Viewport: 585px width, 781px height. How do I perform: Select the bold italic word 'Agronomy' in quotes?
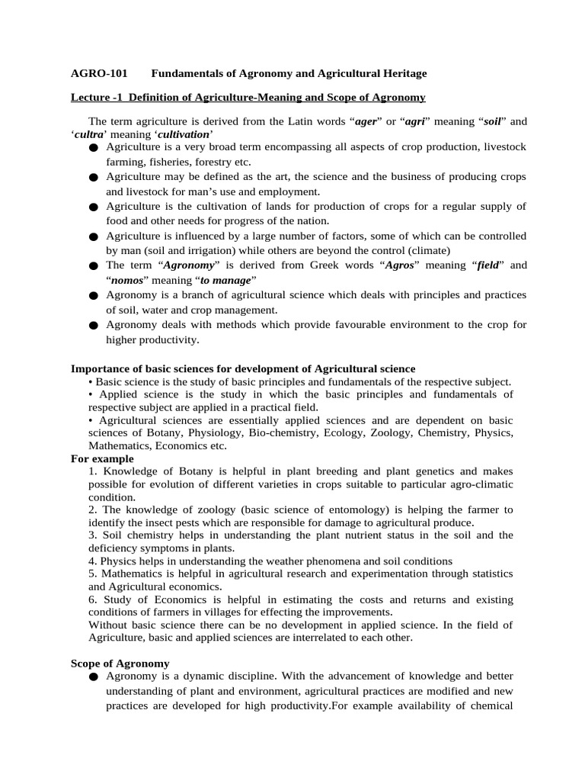pyautogui.click(x=184, y=265)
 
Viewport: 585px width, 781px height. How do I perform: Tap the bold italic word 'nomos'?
pyautogui.click(x=128, y=280)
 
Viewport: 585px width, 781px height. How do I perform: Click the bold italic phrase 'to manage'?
pyautogui.click(x=225, y=280)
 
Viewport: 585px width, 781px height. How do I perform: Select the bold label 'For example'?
pyautogui.click(x=102, y=459)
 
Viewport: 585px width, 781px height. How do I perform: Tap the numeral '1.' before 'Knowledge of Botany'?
pyautogui.click(x=93, y=471)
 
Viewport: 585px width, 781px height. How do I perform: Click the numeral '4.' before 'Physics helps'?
pyautogui.click(x=93, y=561)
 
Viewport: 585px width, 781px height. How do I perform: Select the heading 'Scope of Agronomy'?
pyautogui.click(x=120, y=664)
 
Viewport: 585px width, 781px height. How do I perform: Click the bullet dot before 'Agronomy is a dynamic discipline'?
pyautogui.click(x=93, y=677)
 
